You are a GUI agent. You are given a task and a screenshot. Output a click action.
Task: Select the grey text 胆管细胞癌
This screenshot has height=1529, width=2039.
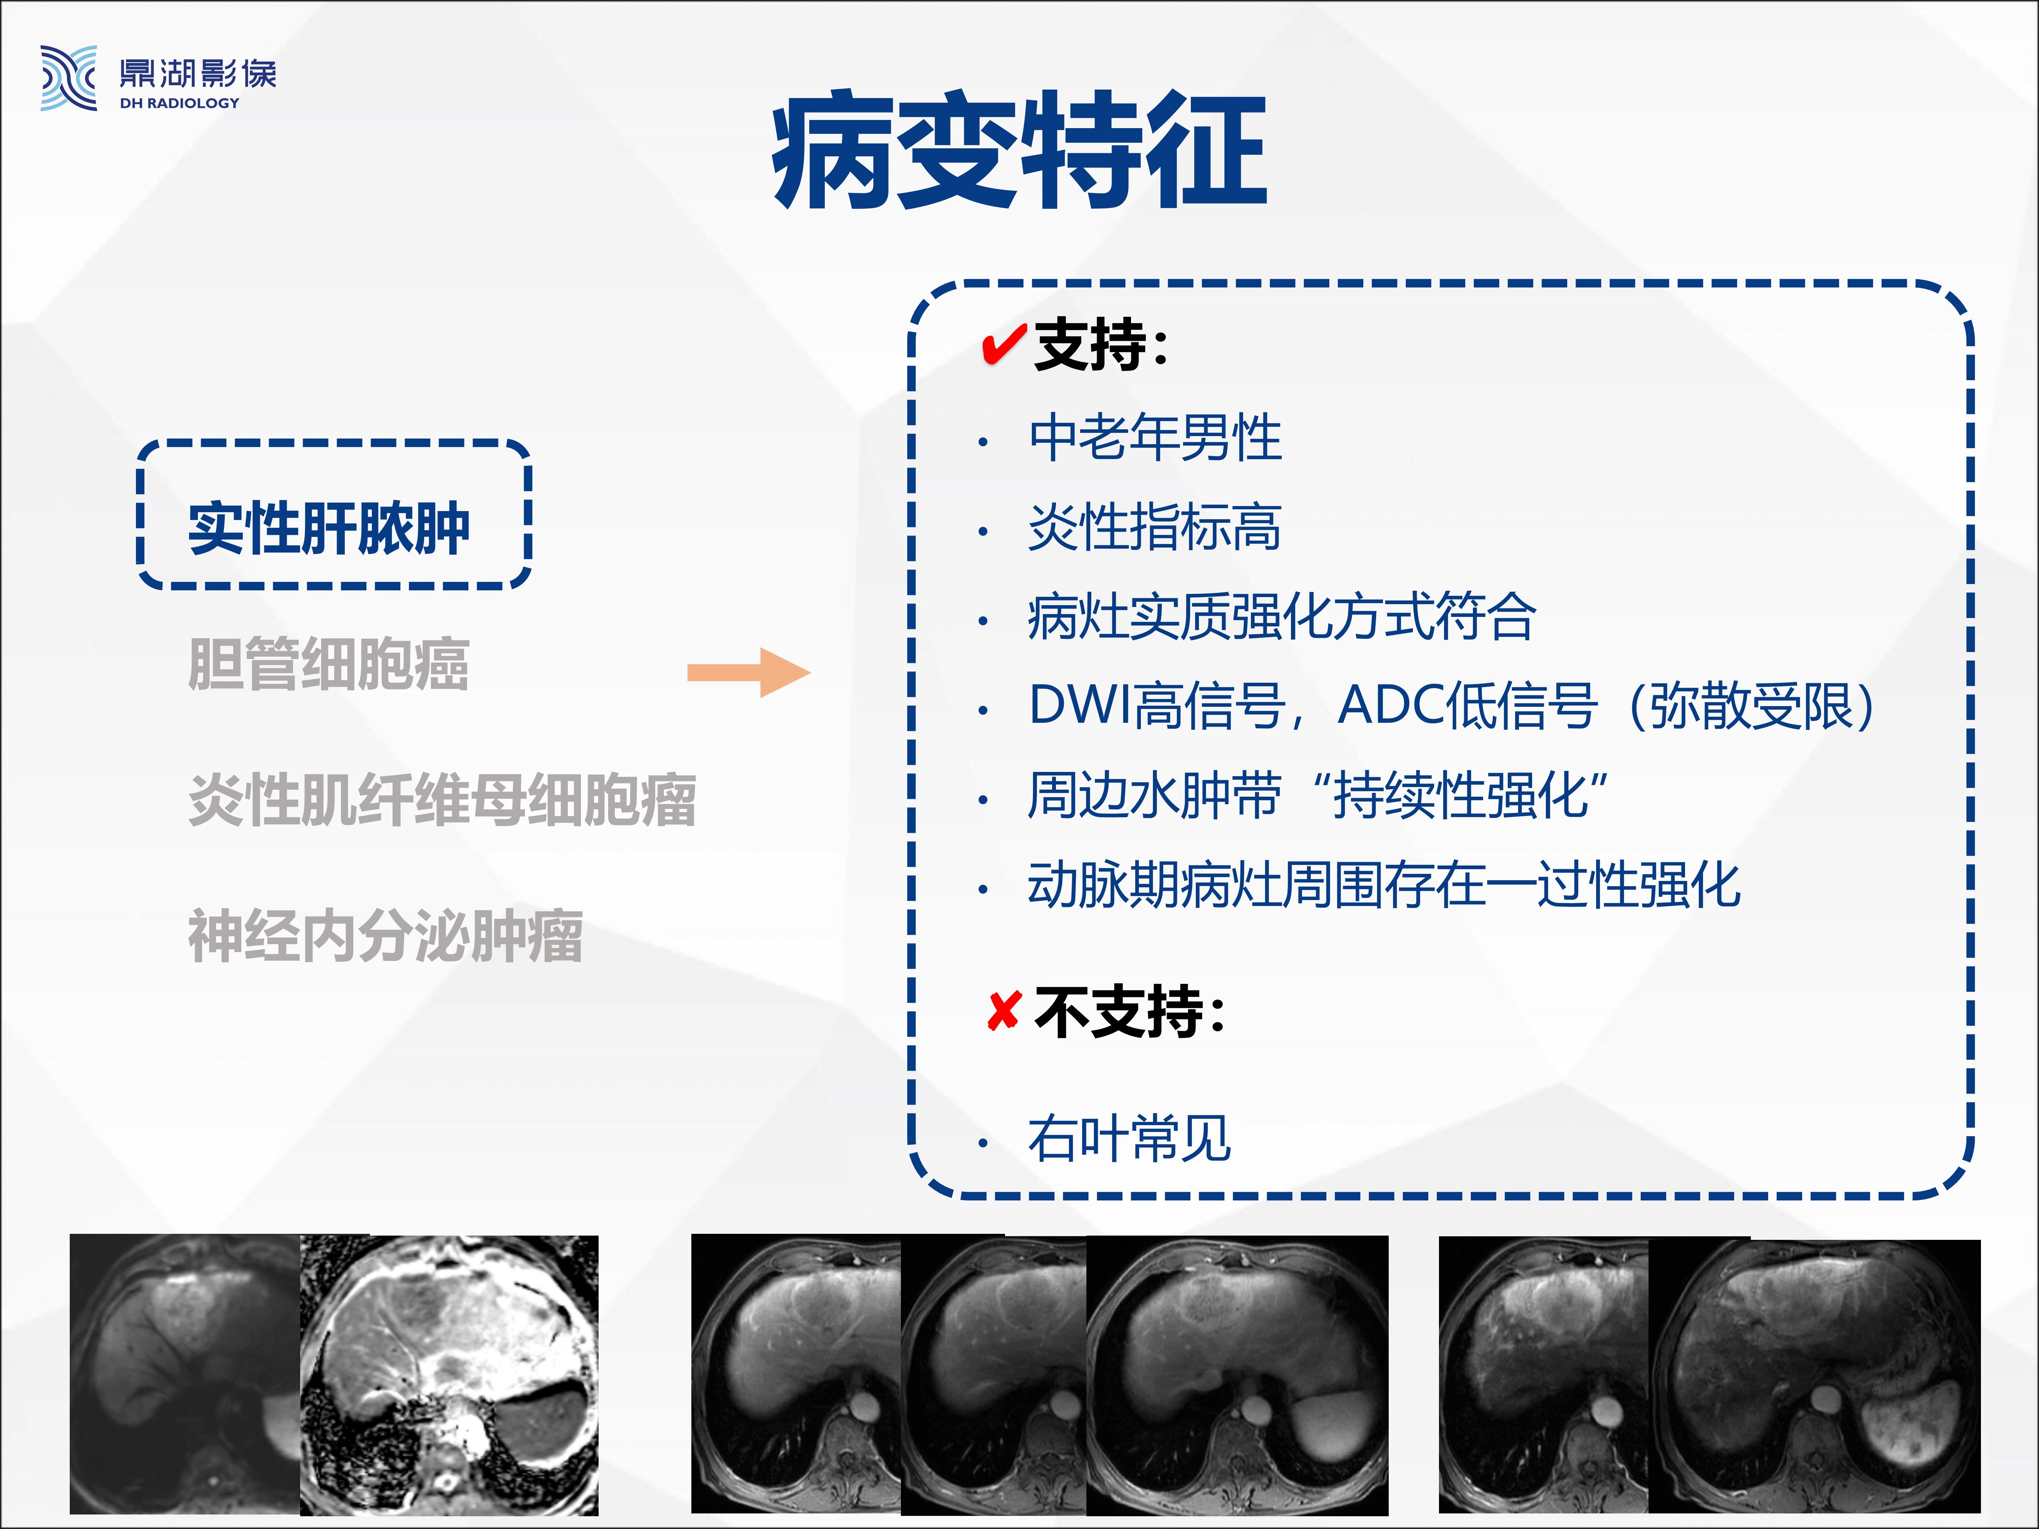click(x=328, y=664)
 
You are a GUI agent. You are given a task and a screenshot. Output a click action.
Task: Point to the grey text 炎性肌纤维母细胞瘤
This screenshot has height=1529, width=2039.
click(x=442, y=799)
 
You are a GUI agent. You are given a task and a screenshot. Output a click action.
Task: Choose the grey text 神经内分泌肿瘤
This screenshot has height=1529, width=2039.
click(x=385, y=935)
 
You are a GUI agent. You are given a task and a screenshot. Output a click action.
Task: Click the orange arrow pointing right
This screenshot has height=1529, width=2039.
click(x=748, y=673)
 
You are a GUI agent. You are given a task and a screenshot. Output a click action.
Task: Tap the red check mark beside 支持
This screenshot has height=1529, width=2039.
click(x=1004, y=345)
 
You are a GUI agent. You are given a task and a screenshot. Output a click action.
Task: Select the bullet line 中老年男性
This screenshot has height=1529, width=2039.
click(x=1155, y=437)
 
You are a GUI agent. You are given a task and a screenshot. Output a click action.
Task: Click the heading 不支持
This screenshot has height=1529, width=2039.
click(x=1129, y=1011)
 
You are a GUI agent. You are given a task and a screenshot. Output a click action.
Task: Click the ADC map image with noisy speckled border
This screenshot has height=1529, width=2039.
click(x=449, y=1375)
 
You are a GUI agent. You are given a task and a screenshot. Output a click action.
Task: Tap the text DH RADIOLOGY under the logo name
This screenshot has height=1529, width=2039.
click(x=180, y=103)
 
